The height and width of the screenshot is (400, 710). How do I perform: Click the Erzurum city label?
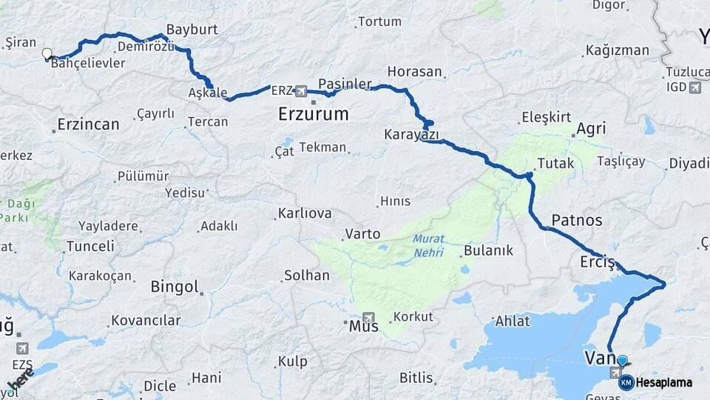pos(314,113)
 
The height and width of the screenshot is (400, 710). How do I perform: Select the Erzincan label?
pos(89,124)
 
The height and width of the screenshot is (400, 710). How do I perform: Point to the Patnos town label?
pos(577,220)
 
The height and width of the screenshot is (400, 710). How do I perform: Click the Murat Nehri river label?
pos(429,246)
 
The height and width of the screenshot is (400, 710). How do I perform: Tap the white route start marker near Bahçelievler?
pos(47,53)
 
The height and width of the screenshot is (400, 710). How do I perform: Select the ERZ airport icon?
pos(301,91)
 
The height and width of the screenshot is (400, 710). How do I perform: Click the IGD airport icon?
pos(694,87)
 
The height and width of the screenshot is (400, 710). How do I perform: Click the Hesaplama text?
pos(664,382)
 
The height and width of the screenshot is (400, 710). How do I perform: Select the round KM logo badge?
pos(626,382)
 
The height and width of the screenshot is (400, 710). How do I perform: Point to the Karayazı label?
pos(411,135)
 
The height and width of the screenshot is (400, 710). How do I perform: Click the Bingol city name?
pos(175,287)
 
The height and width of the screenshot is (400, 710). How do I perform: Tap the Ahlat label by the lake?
pos(513,321)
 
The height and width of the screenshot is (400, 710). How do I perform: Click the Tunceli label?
pos(90,246)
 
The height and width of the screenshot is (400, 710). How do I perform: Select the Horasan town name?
pos(414,72)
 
